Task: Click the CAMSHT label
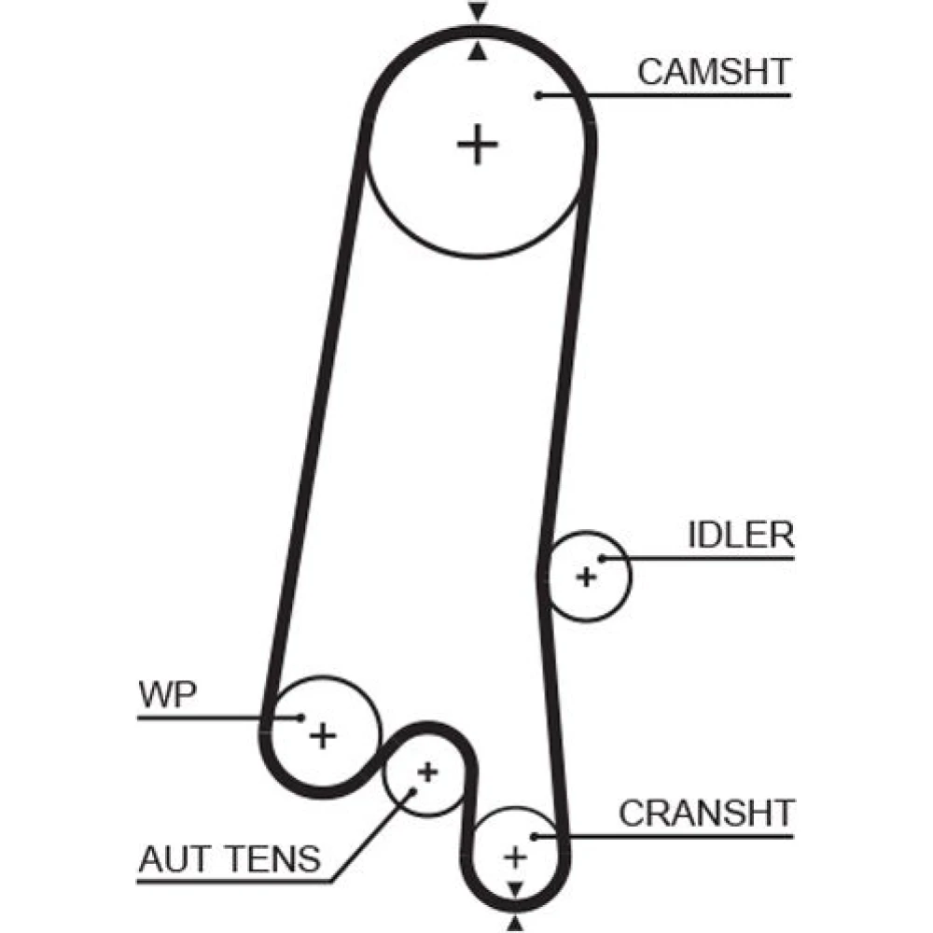point(714,72)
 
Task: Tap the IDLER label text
point(741,536)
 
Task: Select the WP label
point(168,695)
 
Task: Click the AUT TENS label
point(230,857)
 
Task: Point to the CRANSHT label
point(706,813)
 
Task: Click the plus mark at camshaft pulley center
point(478,145)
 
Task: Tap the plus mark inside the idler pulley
point(586,577)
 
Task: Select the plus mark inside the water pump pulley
point(323,736)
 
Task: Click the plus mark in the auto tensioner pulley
point(427,772)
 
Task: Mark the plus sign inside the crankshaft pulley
point(514,856)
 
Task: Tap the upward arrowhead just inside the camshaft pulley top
point(478,52)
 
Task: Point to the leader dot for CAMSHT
point(539,95)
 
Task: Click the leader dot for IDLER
point(603,560)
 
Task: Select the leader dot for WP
point(300,717)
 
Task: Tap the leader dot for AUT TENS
point(412,793)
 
